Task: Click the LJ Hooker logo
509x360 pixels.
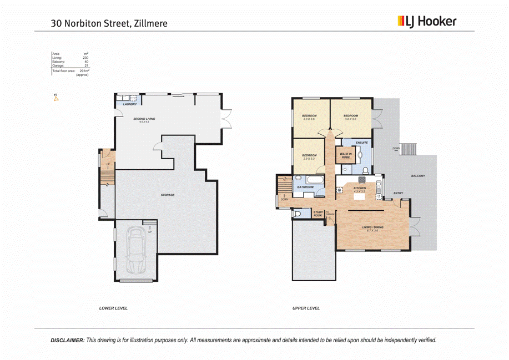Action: click(426, 22)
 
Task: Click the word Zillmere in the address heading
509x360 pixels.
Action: click(150, 23)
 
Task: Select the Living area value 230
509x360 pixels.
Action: click(85, 58)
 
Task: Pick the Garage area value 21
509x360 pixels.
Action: click(86, 65)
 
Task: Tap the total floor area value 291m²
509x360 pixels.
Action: click(84, 71)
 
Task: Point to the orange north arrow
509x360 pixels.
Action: click(56, 98)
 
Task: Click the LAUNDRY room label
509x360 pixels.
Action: click(130, 104)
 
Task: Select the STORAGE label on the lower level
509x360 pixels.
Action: click(168, 195)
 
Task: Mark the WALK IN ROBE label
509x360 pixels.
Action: click(346, 155)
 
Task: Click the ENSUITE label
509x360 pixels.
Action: click(362, 143)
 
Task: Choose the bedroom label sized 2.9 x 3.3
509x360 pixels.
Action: click(308, 156)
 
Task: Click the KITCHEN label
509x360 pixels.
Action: click(360, 189)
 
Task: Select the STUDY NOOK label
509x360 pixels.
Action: click(318, 213)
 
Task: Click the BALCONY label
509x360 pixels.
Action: click(418, 176)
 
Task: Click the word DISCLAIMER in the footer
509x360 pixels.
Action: click(67, 340)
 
